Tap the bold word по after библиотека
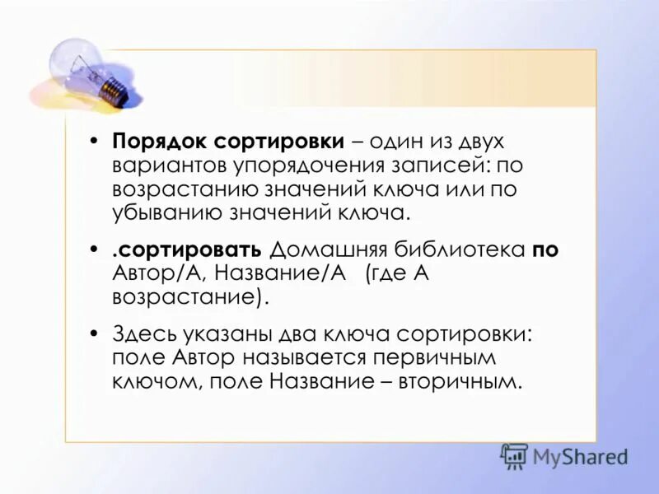(x=545, y=250)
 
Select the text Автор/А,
(x=153, y=274)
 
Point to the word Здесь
(x=141, y=334)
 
